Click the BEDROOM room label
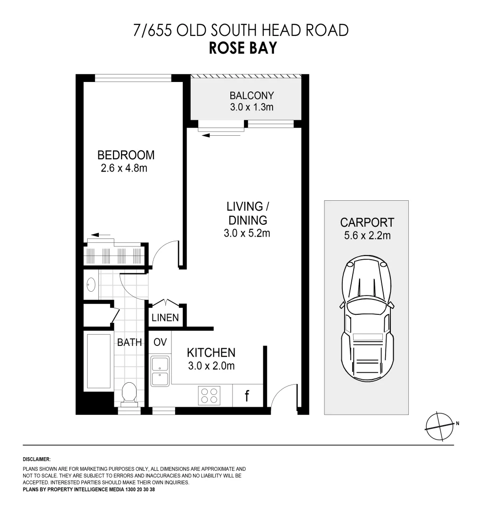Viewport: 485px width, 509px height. (x=126, y=155)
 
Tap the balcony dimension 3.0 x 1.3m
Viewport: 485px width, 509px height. (x=251, y=107)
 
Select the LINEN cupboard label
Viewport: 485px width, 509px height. (x=165, y=318)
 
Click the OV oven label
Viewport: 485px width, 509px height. (x=160, y=342)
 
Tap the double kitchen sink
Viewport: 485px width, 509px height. (x=160, y=371)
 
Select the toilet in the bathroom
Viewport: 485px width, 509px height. (x=129, y=394)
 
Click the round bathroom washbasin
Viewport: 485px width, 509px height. (x=91, y=285)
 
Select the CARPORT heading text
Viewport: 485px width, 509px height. (x=367, y=222)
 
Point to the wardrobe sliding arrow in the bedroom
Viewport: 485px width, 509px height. (x=101, y=234)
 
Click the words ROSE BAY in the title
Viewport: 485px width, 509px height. (x=242, y=48)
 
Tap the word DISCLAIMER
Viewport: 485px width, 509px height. (x=37, y=459)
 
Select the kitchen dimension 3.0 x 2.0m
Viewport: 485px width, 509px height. (x=211, y=365)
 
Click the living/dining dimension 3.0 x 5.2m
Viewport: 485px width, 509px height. (x=247, y=233)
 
